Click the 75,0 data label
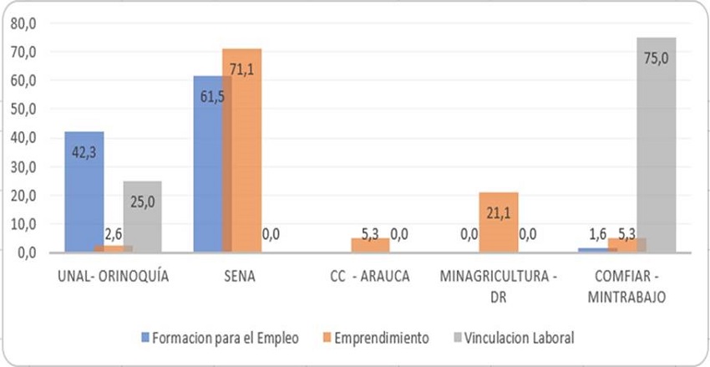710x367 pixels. tap(656, 59)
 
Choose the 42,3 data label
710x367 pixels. tap(84, 153)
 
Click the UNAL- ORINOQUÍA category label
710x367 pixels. tap(114, 277)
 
